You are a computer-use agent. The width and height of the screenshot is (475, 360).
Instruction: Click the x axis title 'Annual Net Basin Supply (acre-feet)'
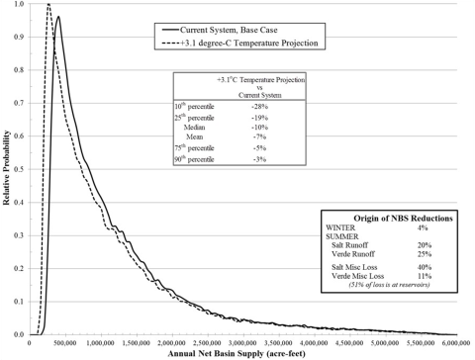tap(243, 354)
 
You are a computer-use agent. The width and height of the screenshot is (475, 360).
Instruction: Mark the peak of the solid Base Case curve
tap(58, 17)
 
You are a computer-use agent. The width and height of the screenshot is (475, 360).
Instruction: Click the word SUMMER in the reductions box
tap(342, 235)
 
